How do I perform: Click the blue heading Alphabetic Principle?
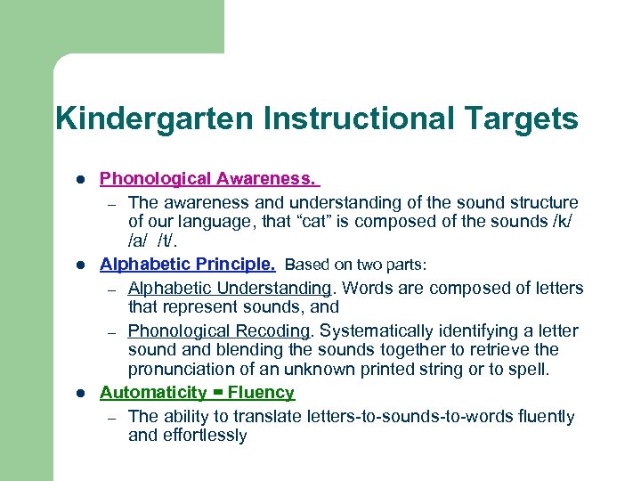coord(188,265)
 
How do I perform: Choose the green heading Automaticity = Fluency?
coord(197,393)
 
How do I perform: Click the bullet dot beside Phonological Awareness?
coord(79,179)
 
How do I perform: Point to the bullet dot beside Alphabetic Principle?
coord(79,265)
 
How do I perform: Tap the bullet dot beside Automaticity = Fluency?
coord(79,394)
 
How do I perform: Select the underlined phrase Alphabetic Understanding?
coord(230,288)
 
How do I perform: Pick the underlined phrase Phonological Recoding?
coord(220,330)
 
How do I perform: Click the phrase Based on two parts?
coord(356,265)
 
